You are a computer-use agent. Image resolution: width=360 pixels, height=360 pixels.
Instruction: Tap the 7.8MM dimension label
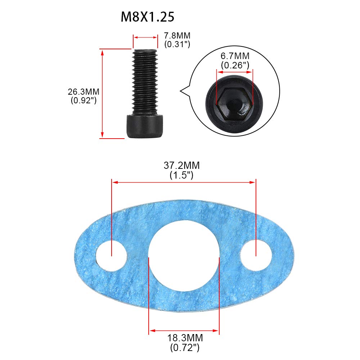point(177,36)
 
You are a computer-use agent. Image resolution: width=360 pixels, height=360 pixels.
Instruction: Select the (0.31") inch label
point(177,44)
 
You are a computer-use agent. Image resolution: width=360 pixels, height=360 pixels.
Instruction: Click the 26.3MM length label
point(83,92)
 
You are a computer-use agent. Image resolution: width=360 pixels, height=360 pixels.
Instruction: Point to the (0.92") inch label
point(83,100)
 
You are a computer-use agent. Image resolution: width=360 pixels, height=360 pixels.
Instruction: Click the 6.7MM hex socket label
point(235,56)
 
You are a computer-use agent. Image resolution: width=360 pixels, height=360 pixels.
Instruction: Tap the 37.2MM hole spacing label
point(182,166)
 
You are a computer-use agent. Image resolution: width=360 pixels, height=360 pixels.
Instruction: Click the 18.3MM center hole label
point(185,338)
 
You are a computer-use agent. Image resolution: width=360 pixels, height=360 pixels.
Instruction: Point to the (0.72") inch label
point(185,347)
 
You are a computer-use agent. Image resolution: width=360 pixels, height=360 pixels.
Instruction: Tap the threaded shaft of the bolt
point(145,81)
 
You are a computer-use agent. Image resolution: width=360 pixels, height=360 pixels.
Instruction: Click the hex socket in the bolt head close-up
point(234,104)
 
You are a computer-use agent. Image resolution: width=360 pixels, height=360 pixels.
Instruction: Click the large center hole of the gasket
point(184,257)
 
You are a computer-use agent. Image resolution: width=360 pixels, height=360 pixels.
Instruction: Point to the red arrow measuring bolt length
point(103,94)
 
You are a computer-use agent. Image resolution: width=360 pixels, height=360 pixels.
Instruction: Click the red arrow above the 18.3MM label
point(184,330)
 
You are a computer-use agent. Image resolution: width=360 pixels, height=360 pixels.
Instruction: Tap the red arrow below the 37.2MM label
point(184,183)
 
